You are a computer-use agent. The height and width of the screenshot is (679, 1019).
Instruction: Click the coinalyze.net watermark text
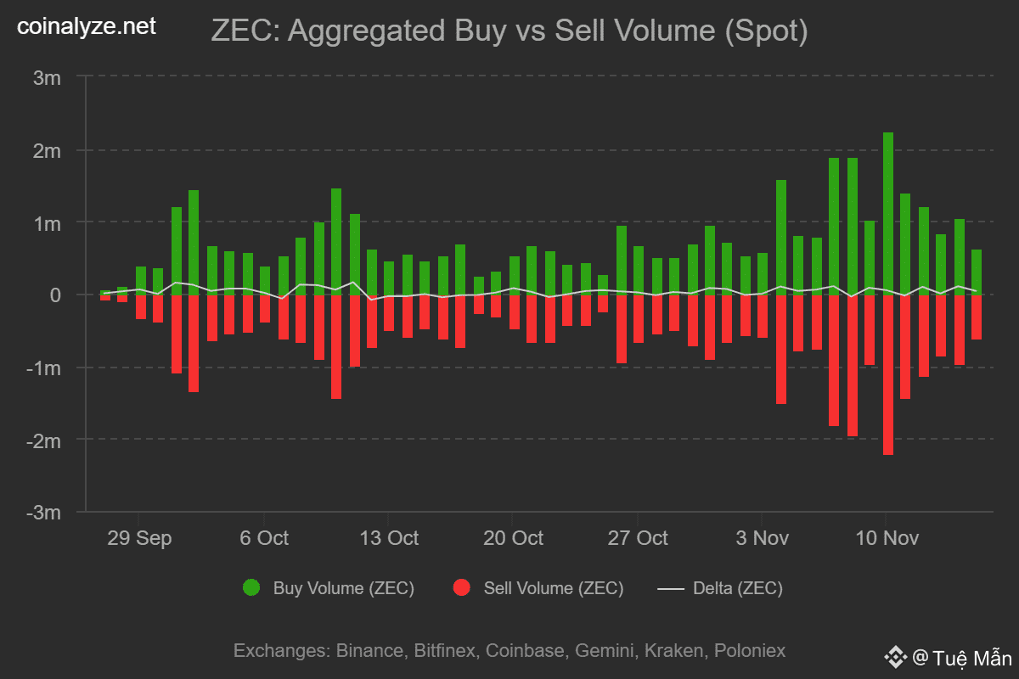tap(87, 27)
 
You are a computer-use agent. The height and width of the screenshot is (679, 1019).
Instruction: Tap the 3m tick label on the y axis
tap(48, 78)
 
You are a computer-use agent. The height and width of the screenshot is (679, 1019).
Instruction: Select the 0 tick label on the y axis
tap(55, 295)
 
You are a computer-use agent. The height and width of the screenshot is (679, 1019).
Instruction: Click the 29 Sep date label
tap(139, 538)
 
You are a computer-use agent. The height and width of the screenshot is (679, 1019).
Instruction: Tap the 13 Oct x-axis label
tap(389, 538)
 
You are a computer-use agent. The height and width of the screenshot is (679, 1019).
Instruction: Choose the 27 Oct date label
tap(638, 538)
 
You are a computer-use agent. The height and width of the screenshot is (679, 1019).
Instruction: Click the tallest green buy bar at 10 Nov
tap(888, 212)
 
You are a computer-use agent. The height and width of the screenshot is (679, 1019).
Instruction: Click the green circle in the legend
tap(251, 588)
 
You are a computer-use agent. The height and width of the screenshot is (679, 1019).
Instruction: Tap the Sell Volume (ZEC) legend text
tap(553, 588)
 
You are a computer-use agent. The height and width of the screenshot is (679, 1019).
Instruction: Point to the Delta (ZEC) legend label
tap(738, 588)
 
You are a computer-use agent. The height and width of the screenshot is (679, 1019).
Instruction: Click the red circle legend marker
tap(462, 588)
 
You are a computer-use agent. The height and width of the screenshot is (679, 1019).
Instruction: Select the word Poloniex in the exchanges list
tap(750, 651)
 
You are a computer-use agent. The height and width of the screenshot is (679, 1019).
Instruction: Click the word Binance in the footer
tap(369, 651)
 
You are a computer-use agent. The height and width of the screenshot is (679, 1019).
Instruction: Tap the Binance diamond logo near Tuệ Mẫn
tap(894, 657)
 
